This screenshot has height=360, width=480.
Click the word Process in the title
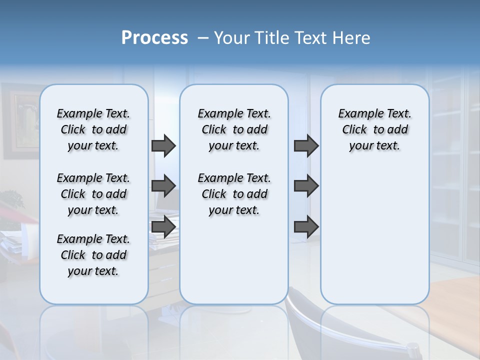[x=154, y=38]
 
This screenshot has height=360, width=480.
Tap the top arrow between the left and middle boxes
[x=163, y=145]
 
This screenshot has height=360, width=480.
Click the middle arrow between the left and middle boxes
[x=163, y=186]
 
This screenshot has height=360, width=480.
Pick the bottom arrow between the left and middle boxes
[x=163, y=226]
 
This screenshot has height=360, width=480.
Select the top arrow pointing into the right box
[x=306, y=145]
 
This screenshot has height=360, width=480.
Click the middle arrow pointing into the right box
[x=306, y=186]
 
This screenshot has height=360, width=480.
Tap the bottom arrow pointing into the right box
[x=306, y=226]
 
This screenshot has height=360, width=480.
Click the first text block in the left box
[x=93, y=129]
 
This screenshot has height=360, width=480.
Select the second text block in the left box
[x=93, y=194]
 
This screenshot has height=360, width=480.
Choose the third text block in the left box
[x=93, y=255]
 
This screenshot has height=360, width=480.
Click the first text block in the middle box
[x=234, y=129]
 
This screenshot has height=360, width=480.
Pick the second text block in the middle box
[x=234, y=194]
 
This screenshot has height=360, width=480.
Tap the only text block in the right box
[x=374, y=129]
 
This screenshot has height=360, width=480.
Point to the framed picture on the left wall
[x=20, y=120]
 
